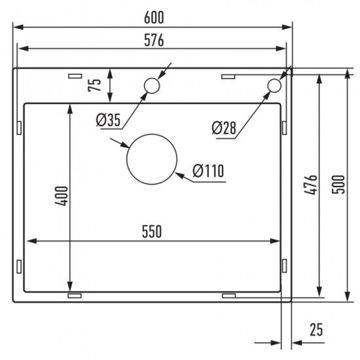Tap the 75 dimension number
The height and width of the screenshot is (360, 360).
click(94, 84)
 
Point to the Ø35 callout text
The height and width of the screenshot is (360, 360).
click(107, 119)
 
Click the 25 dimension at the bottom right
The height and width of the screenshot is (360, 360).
click(317, 331)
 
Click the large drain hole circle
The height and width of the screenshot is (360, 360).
click(152, 159)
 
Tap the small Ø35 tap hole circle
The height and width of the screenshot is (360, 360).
click(152, 85)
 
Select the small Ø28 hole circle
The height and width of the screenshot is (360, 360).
click(274, 86)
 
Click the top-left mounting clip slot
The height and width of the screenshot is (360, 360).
click(73, 76)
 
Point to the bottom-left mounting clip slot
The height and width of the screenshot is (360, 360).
click(73, 296)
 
